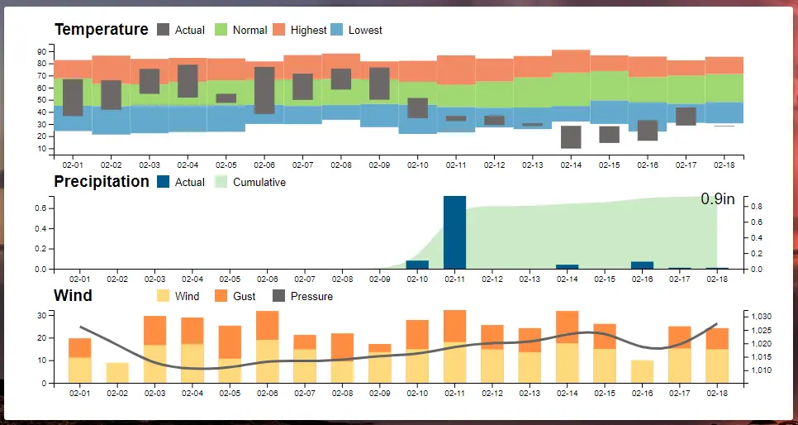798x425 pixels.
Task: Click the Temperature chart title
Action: [101, 30]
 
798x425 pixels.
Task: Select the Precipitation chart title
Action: [102, 182]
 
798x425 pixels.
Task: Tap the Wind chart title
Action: [73, 296]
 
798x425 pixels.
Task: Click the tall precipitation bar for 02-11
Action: [455, 232]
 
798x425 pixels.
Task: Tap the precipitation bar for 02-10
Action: [417, 265]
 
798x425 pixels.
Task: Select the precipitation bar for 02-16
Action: [642, 265]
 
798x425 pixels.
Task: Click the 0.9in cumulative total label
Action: [717, 199]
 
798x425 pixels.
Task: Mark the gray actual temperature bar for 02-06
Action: [264, 90]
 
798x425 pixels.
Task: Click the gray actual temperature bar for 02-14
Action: [571, 137]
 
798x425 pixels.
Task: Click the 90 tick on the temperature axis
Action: [42, 51]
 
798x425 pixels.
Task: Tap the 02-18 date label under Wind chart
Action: [717, 391]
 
